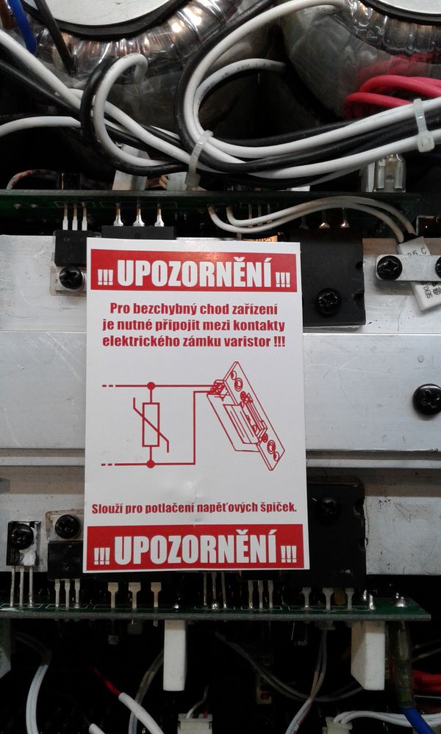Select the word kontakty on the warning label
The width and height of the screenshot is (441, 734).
(265, 325)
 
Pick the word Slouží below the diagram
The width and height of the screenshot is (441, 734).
(106, 509)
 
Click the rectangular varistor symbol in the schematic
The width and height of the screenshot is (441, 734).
(151, 424)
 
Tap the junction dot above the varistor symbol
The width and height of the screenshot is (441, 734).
(151, 386)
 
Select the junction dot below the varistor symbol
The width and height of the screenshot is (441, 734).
(151, 464)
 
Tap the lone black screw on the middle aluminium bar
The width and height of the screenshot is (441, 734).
(427, 399)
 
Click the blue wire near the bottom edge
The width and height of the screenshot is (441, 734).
(420, 720)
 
